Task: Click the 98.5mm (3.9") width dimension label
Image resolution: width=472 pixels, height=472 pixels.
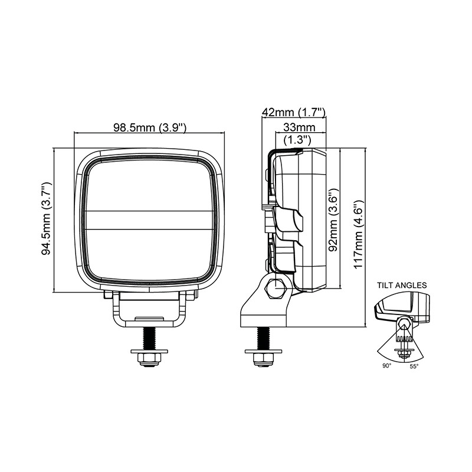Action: coord(150,127)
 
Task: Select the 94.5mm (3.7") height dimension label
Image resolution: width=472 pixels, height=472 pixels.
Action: coord(47,218)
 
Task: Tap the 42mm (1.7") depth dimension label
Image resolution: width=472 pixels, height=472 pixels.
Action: coord(294,112)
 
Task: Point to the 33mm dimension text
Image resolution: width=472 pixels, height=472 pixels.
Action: coord(299,127)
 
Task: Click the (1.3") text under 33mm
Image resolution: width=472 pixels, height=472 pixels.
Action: coord(297,140)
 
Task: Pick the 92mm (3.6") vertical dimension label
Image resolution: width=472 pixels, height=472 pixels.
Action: coord(333,220)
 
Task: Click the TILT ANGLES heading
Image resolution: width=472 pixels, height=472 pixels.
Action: coord(402,285)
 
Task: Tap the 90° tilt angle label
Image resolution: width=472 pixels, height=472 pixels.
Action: coord(387,365)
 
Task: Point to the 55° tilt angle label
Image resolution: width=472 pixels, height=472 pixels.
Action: coord(414,366)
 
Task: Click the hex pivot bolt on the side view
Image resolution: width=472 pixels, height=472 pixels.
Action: coord(275,289)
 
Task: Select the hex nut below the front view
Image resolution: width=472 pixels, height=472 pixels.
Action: coord(149,358)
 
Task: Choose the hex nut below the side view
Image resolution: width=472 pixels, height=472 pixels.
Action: coord(264,358)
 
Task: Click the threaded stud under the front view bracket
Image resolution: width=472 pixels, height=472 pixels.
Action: coord(149,338)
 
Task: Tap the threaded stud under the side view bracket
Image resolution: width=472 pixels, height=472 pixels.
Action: coord(264,338)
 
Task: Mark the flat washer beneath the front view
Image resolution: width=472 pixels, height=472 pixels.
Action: coord(149,351)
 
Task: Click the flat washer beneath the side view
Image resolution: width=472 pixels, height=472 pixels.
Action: coord(264,351)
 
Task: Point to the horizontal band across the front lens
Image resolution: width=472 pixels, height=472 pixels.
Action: coord(150,220)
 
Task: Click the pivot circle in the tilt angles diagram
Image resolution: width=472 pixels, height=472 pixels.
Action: coord(403,324)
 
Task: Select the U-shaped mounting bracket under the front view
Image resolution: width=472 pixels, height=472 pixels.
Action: coord(150,309)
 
